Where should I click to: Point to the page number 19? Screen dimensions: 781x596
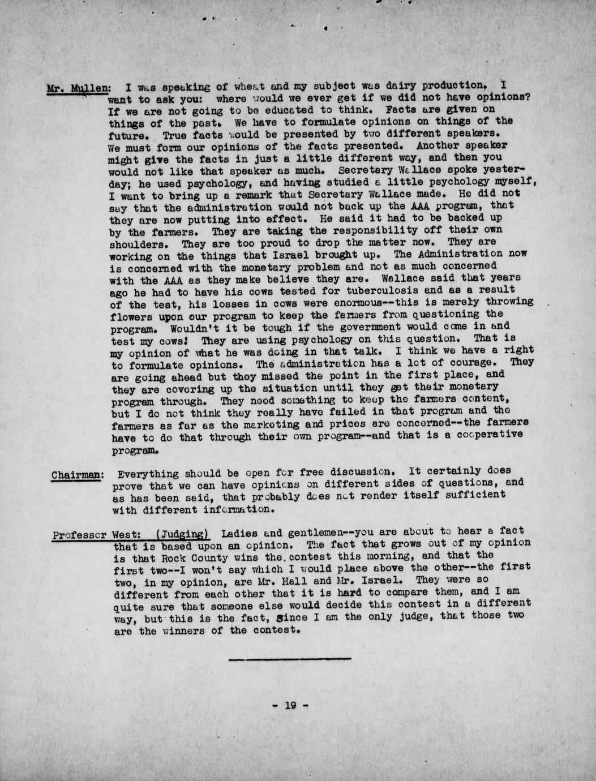pos(290,705)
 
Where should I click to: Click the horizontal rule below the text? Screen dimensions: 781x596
pos(290,658)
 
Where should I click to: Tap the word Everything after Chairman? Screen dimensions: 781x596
pos(148,474)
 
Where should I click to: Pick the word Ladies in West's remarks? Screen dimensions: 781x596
pos(240,533)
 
